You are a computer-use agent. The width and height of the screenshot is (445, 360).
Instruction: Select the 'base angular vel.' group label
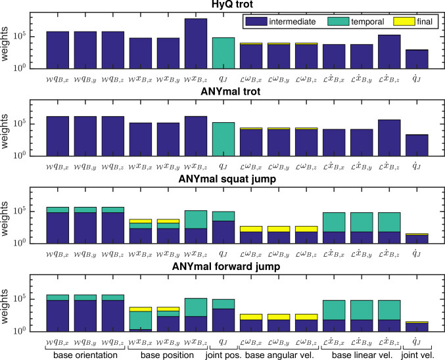pyautogui.click(x=280, y=355)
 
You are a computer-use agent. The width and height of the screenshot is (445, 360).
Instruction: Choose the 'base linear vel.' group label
pyautogui.click(x=363, y=355)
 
